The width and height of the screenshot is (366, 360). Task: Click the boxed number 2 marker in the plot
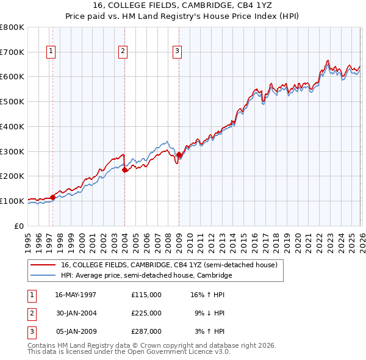coord(123,52)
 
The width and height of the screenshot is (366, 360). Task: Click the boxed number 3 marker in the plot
coord(176,52)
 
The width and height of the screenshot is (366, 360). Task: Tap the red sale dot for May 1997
coord(53,196)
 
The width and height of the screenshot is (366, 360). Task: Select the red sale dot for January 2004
coord(125,170)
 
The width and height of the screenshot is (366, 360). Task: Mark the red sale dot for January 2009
coord(179,154)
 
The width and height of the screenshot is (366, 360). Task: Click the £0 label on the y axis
coord(18,226)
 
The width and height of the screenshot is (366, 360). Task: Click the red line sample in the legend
coord(43,265)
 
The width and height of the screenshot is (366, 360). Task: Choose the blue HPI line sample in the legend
coord(43,276)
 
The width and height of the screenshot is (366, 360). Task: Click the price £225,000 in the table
coord(146,313)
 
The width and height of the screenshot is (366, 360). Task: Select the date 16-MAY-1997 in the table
coord(76,294)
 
